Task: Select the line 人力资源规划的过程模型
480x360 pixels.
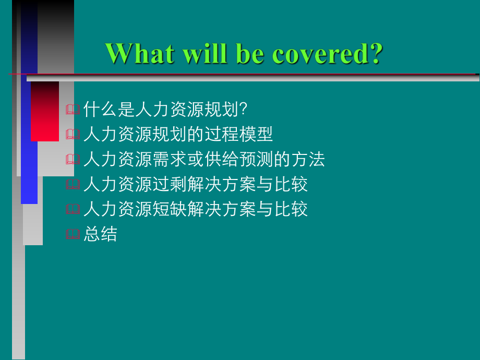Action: [x=178, y=135]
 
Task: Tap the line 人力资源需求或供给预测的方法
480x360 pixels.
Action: [x=204, y=159]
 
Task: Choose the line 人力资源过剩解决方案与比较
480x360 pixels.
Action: [x=196, y=184]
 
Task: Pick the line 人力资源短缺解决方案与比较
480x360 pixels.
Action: [x=196, y=209]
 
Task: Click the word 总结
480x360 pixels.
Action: [x=100, y=234]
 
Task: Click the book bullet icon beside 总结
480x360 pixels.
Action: [x=73, y=235]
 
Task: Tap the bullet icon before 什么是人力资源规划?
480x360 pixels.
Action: [x=73, y=110]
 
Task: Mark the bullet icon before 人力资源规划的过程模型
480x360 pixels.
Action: [x=73, y=135]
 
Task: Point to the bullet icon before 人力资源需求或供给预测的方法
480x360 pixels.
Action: [x=73, y=160]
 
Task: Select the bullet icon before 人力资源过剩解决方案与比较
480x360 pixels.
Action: [x=73, y=185]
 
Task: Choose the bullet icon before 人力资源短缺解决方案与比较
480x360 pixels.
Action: [x=73, y=210]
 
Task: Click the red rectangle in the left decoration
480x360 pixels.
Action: [x=45, y=111]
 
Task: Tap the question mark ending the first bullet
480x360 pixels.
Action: [x=242, y=110]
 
